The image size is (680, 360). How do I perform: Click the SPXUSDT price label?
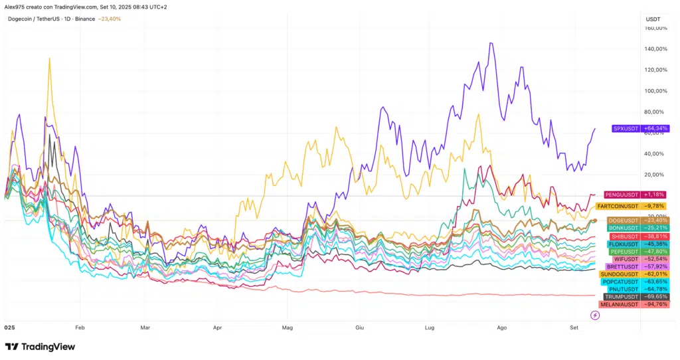click(x=624, y=128)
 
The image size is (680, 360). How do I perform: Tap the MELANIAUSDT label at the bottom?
click(x=619, y=304)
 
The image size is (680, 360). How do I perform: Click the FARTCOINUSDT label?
click(x=618, y=206)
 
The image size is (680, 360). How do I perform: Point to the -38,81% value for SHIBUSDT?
click(x=655, y=236)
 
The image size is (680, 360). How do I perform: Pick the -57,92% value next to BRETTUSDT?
click(x=655, y=266)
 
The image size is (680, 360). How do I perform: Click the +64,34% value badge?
click(x=656, y=128)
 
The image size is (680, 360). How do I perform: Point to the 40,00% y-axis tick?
click(x=655, y=153)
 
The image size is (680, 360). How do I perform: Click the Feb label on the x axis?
click(x=80, y=328)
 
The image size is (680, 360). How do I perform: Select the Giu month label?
click(x=360, y=328)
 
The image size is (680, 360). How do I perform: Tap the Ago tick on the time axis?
click(x=501, y=328)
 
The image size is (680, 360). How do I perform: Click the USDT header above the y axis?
click(x=653, y=19)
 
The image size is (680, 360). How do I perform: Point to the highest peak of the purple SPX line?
click(x=490, y=43)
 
